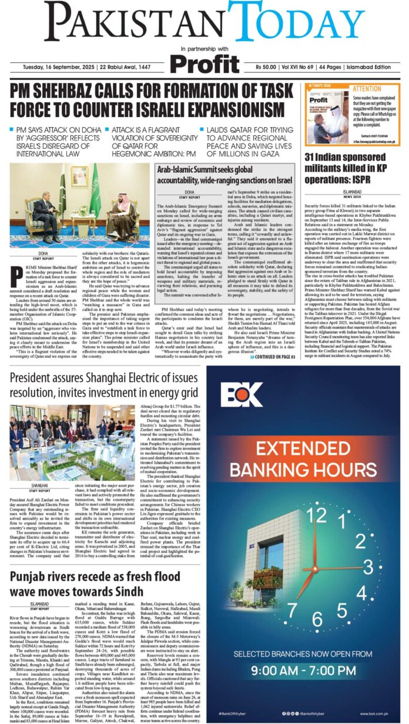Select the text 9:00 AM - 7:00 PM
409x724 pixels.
pos(302,671)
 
